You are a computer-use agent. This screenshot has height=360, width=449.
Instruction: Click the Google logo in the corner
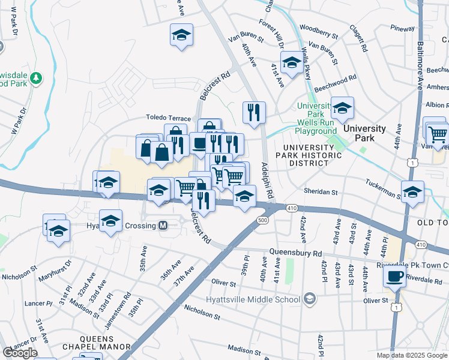20,353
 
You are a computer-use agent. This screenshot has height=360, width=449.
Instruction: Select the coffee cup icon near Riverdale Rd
394,276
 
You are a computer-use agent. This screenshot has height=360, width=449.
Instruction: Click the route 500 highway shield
263,220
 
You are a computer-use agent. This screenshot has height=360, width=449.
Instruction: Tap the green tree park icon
37,77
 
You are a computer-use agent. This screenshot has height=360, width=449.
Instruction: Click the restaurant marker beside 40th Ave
254,111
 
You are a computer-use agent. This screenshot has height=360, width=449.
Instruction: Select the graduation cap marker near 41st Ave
292,62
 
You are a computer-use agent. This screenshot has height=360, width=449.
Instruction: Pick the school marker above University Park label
343,108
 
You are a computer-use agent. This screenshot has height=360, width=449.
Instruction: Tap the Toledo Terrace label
168,119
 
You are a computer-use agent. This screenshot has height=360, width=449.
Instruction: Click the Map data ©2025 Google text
411,355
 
